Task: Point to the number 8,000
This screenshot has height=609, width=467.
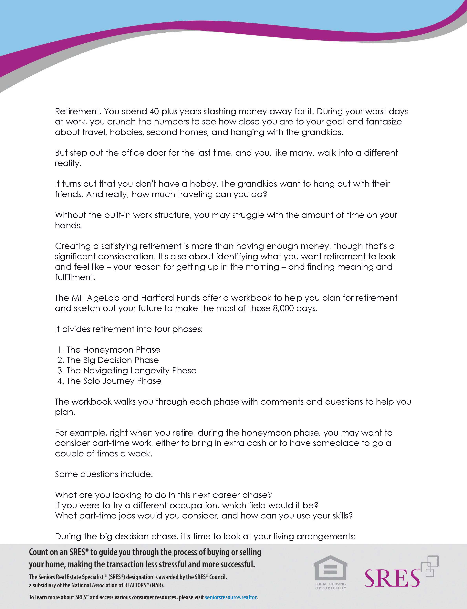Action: click(283, 308)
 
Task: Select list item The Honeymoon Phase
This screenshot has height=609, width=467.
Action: click(113, 350)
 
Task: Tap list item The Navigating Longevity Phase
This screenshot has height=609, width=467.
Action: click(131, 371)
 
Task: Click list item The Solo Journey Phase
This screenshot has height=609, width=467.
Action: click(114, 381)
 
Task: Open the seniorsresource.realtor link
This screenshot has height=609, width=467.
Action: click(231, 597)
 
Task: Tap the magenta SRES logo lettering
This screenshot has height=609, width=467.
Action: click(392, 578)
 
